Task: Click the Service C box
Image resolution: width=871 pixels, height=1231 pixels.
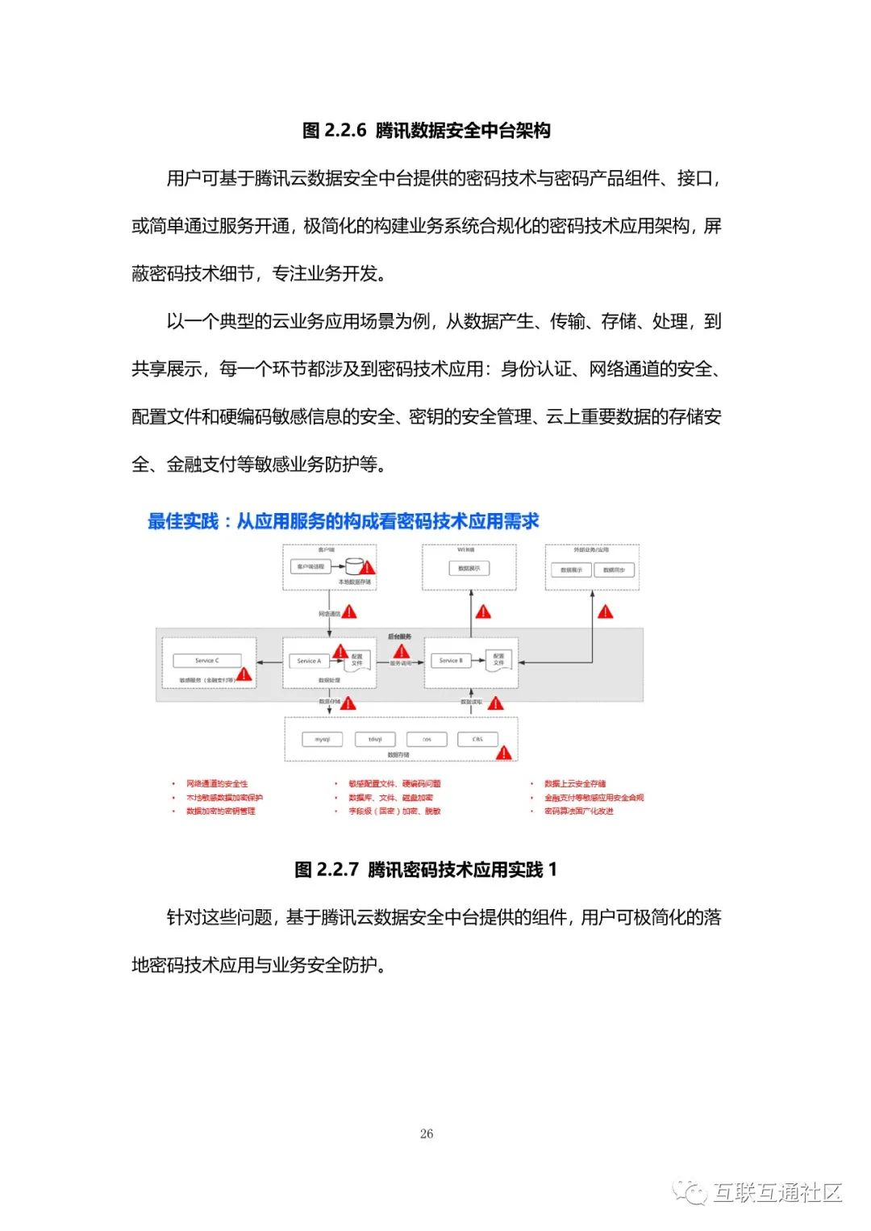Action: pyautogui.click(x=207, y=661)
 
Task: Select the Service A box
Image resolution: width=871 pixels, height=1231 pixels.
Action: pyautogui.click(x=309, y=661)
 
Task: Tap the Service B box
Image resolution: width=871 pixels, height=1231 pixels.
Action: pyautogui.click(x=451, y=661)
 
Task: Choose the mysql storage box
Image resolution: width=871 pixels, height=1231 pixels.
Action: pyautogui.click(x=323, y=739)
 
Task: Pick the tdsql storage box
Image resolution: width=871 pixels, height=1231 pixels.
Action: pyautogui.click(x=375, y=739)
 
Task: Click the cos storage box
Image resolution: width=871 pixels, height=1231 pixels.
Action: pyautogui.click(x=427, y=739)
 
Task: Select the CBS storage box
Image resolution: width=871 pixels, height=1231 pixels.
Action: pyautogui.click(x=477, y=739)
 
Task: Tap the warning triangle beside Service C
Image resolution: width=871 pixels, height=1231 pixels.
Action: pyautogui.click(x=244, y=674)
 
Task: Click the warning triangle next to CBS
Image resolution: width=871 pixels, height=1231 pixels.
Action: pyautogui.click(x=504, y=753)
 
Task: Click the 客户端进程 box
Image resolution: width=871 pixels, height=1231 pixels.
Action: pyautogui.click(x=310, y=567)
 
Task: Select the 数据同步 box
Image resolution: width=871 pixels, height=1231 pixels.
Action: pyautogui.click(x=615, y=570)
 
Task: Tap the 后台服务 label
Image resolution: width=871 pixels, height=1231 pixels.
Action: pyautogui.click(x=399, y=637)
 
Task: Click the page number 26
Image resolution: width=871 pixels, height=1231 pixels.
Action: pyautogui.click(x=427, y=1133)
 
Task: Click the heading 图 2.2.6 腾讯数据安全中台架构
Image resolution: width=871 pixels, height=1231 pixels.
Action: pyautogui.click(x=426, y=130)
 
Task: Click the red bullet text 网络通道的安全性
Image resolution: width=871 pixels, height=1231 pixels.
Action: pyautogui.click(x=217, y=783)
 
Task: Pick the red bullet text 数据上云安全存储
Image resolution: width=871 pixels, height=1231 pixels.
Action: pyautogui.click(x=575, y=783)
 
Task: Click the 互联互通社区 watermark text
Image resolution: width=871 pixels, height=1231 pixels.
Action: pyautogui.click(x=777, y=1191)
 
